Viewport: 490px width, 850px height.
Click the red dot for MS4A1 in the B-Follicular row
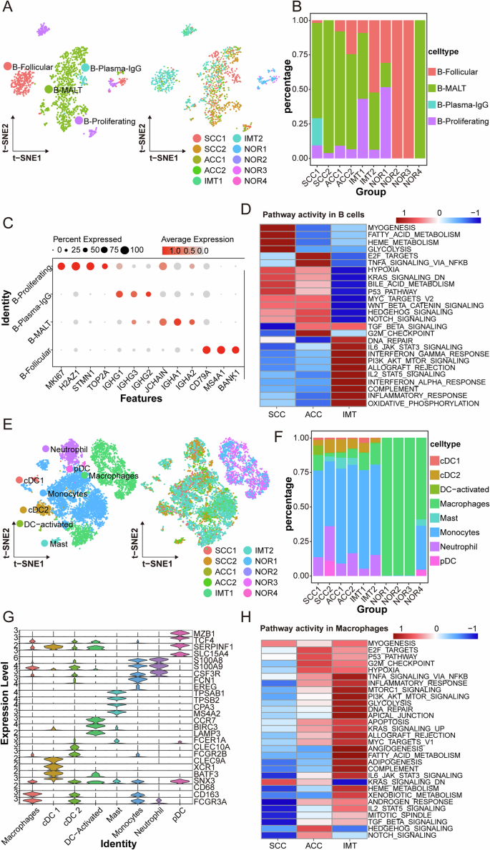pos(222,349)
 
